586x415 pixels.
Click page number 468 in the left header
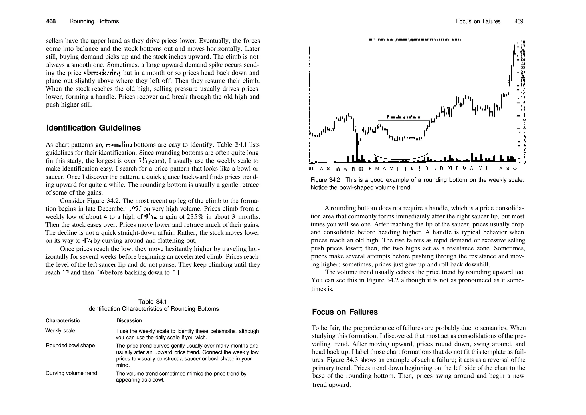(x=51, y=21)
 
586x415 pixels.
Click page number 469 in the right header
(x=519, y=21)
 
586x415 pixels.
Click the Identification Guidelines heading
(x=93, y=128)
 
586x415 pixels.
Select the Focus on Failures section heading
(x=345, y=312)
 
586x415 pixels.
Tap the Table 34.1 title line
(x=153, y=302)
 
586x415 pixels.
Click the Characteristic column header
(x=63, y=320)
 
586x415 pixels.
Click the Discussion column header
(x=129, y=321)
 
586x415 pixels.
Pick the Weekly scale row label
(x=60, y=331)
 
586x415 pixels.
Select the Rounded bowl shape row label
(x=70, y=345)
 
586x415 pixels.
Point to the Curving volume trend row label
(x=71, y=373)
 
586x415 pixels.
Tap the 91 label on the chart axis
(x=311, y=169)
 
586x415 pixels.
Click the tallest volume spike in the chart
(x=357, y=149)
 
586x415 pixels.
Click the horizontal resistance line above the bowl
(x=403, y=121)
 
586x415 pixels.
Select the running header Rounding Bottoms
(x=94, y=21)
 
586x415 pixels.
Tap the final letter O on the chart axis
(x=515, y=169)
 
